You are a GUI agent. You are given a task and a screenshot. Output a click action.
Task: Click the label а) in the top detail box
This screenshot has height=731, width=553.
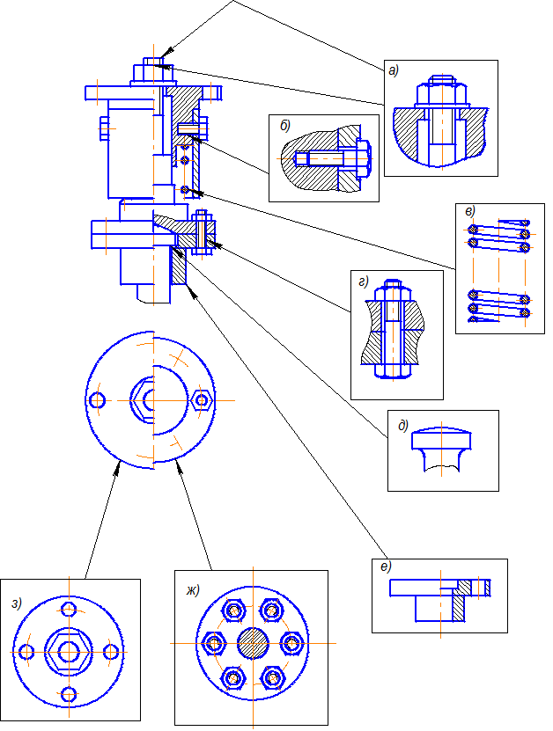394,71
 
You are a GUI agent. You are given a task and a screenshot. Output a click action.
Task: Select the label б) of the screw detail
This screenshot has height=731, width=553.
285,126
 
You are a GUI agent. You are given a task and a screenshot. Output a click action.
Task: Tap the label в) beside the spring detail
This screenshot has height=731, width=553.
470,211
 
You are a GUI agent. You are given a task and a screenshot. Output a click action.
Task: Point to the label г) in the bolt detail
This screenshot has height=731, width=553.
364,281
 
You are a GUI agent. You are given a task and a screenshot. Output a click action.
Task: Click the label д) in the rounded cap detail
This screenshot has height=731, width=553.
403,425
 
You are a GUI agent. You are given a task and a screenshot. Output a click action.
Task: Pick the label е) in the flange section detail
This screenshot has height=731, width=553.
386,567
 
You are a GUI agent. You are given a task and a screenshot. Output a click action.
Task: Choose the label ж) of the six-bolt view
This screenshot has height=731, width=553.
193,590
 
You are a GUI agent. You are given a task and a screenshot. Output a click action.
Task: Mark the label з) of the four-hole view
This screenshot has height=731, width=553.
17,603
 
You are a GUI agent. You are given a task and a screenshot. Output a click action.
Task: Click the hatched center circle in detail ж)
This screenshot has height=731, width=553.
253,643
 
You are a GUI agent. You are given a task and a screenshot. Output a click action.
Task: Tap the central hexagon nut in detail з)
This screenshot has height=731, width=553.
69,651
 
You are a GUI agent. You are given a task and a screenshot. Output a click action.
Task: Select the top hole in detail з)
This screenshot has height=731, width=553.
69,609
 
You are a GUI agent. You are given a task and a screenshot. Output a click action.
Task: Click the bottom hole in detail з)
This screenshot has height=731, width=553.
69,694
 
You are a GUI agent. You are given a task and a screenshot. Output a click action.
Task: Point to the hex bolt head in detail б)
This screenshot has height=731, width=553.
364,158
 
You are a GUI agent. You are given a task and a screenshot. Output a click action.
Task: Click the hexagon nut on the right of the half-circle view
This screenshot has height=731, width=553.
202,400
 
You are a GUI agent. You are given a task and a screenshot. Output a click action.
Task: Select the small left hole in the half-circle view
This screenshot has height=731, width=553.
97,400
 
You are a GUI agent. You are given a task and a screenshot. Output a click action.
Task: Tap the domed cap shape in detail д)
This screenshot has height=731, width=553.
441,438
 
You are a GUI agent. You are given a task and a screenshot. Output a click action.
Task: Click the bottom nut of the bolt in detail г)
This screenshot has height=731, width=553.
393,370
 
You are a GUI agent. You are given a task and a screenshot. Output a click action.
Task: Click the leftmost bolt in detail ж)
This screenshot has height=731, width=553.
214,643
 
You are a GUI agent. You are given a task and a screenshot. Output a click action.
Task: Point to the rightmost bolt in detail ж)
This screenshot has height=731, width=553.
291,643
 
